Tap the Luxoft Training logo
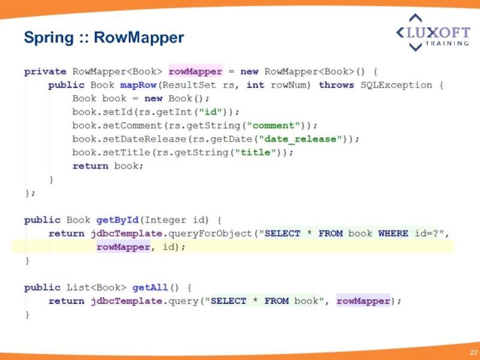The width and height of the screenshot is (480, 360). tap(432, 32)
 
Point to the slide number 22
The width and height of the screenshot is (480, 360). tap(473, 351)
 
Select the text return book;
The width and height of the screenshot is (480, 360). tap(108, 166)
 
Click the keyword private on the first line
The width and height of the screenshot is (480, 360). tap(45, 71)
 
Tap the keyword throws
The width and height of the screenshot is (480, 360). tap(337, 85)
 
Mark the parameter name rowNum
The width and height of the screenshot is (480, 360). tap(291, 85)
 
